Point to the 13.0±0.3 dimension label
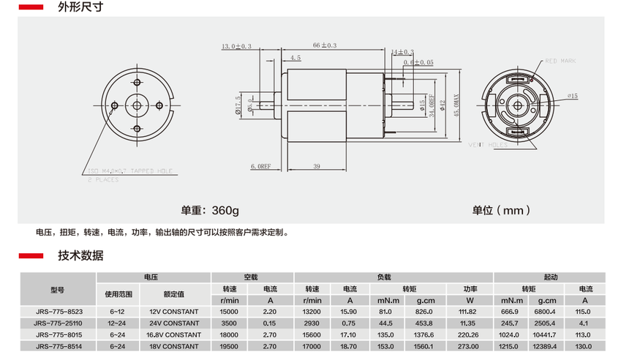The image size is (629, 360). tap(236, 45)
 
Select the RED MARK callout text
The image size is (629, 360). tap(561, 61)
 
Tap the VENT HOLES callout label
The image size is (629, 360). tap(487, 145)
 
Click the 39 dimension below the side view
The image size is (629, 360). tap(316, 167)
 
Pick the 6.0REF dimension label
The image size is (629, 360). tap(261, 167)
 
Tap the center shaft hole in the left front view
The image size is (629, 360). tap(138, 105)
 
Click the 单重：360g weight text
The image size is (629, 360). tap(210, 210)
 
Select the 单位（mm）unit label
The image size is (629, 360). tap(501, 210)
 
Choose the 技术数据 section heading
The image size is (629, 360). tap(80, 255)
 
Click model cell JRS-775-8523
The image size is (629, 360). tap(58, 312)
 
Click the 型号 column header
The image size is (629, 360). tap(58, 288)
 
